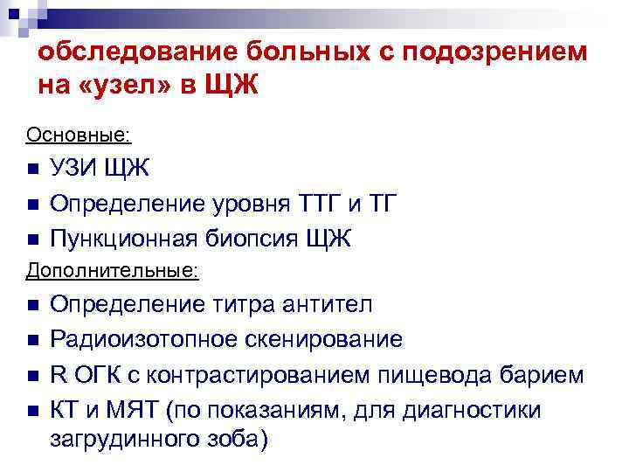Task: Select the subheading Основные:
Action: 79,135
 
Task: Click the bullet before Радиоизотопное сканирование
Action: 33,339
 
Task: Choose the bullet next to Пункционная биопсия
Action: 33,239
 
